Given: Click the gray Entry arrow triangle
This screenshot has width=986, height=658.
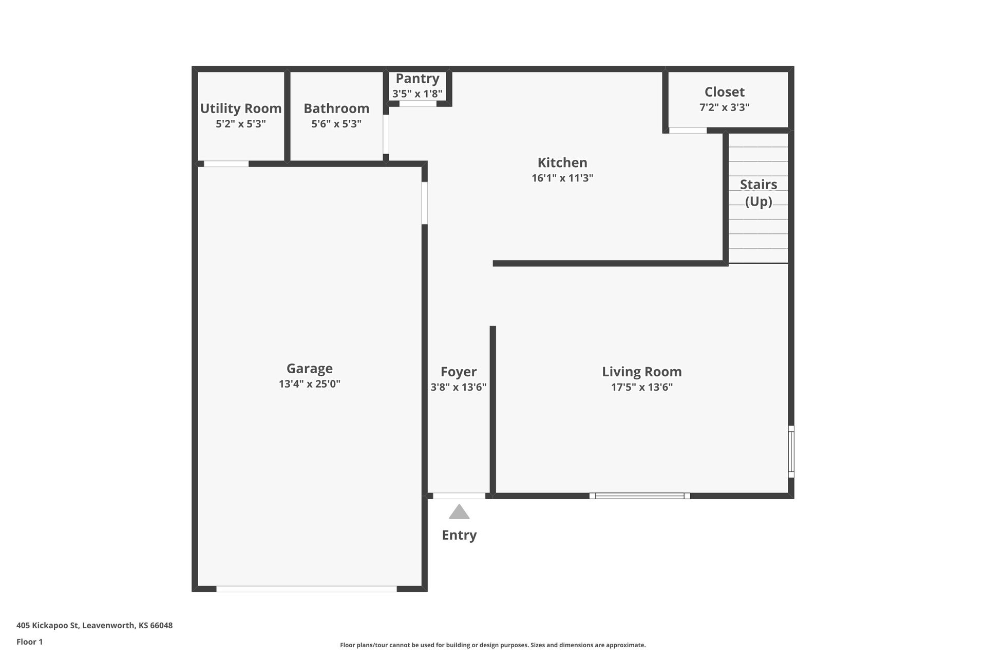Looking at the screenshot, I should pos(459,512).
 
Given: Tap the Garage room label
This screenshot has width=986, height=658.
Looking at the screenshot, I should pos(310,369).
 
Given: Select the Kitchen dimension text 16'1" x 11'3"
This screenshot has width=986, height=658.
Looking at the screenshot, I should pos(562,178).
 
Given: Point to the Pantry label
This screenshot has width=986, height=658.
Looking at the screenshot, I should pos(418,79).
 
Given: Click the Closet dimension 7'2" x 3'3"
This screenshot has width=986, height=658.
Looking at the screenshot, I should pos(724,107).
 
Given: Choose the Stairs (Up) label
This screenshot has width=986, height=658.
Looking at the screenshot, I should pos(759,192).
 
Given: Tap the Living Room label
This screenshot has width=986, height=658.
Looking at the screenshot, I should pos(642,372).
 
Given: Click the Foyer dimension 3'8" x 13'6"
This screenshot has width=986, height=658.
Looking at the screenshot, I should pos(459,387).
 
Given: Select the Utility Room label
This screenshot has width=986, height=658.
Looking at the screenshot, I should pos(241,108).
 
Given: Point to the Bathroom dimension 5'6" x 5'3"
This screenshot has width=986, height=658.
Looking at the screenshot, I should pos(336,124).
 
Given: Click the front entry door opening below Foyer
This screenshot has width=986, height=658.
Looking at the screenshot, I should pos(459,496).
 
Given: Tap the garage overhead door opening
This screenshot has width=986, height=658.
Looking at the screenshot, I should pos(307,589).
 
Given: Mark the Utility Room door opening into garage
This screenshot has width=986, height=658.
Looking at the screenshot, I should pos(226,164).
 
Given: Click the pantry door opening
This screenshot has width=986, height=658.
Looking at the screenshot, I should pos(418,104).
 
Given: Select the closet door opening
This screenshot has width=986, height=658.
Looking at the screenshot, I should pos(688,131).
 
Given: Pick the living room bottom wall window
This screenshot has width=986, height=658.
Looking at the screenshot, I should pos(639,496).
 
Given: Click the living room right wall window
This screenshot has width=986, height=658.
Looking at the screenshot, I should pos(791,452).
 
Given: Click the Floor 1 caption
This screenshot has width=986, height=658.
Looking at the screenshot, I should pos(30,642).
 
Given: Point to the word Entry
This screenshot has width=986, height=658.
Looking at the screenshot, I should pos(459,535).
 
